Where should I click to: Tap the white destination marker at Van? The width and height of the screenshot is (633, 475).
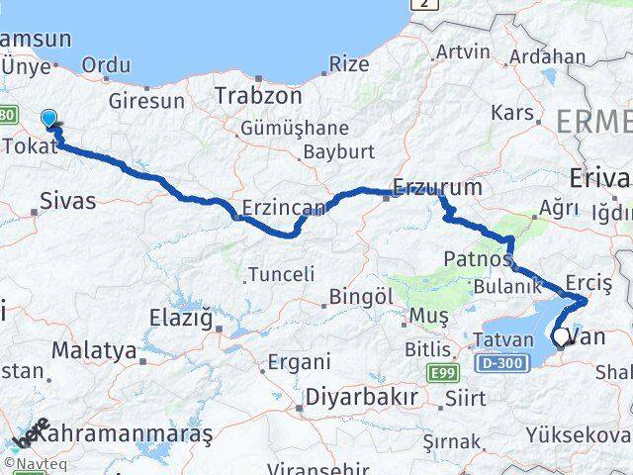click(561, 337)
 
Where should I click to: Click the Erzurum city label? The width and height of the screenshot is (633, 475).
click(437, 186)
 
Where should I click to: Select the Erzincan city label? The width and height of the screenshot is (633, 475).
click(283, 209)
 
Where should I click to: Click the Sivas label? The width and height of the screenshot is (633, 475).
click(68, 201)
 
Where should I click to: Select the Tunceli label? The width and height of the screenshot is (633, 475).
click(282, 274)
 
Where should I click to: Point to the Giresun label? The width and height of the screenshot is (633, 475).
click(146, 101)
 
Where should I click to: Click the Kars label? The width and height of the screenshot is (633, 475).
click(511, 112)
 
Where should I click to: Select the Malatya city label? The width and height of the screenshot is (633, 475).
click(94, 349)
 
